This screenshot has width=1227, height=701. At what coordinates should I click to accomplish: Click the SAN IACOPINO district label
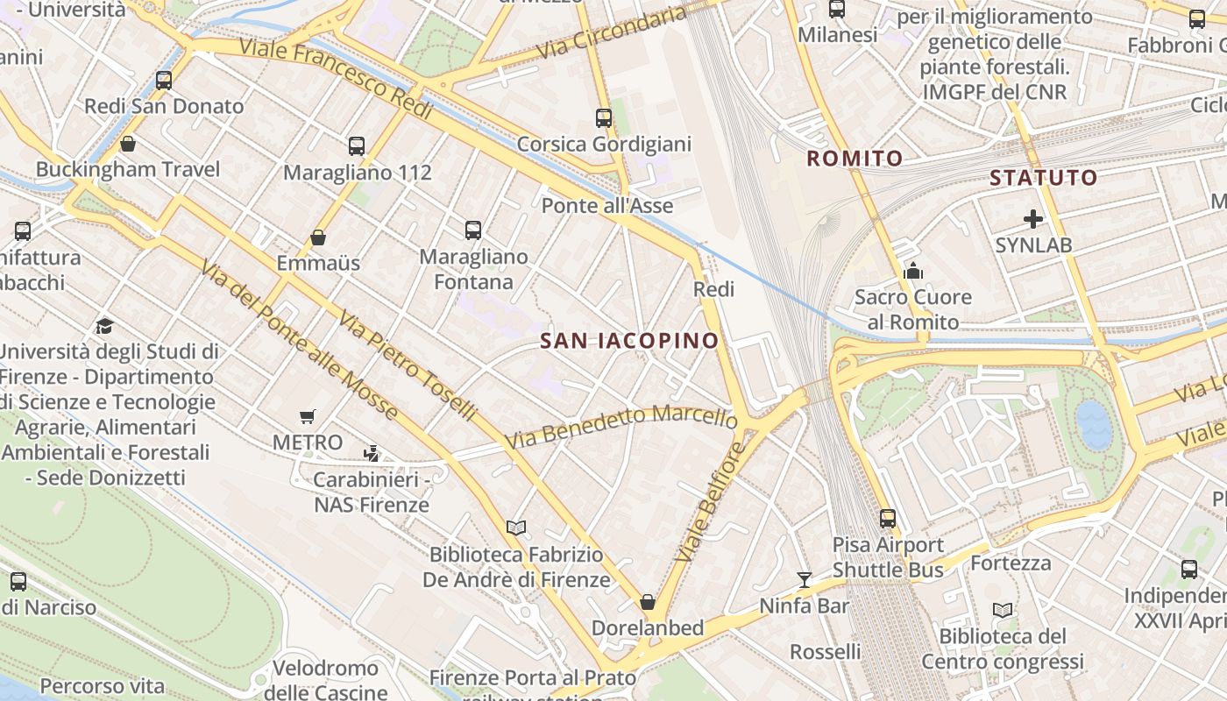coord(629,341)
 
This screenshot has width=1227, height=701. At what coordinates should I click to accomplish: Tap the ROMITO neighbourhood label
coord(855,159)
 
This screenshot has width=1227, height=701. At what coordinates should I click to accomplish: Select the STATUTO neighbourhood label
coord(1043,178)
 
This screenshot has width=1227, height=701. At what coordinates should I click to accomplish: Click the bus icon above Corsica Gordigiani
coord(604,117)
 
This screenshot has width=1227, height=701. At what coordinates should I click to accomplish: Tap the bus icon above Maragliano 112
coord(356,145)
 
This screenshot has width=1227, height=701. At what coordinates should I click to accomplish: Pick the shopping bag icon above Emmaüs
coord(318,237)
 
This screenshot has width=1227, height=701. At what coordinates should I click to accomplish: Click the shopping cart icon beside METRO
coord(307,417)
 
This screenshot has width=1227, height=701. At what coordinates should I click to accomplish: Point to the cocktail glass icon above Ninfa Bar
coord(804,579)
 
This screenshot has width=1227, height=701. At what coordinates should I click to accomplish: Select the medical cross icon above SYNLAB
coord(1033,219)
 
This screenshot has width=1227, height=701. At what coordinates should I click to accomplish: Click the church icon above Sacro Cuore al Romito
coord(913,271)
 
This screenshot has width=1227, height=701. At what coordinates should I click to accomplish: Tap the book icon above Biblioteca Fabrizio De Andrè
coord(516,528)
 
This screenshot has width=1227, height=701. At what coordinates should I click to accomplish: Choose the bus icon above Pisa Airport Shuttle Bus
coord(888,518)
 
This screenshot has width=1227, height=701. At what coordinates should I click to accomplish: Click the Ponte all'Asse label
coord(607,206)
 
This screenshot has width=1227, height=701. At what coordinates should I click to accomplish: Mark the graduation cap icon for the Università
coord(105,326)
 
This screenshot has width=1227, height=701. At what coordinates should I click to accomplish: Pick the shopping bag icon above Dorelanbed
coord(648,602)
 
